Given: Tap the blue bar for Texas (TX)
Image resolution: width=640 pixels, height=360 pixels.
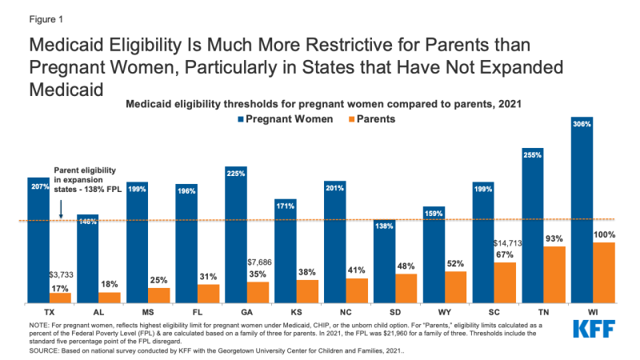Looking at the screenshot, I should pos(38,240).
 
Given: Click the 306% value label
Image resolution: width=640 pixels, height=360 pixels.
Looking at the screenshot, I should pos(582,124).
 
